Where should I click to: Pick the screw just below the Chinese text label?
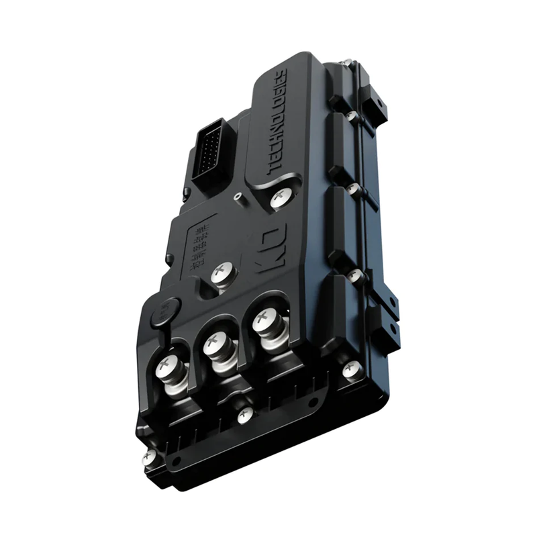coord(221,273)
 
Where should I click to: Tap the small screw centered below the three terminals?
coord(246,415)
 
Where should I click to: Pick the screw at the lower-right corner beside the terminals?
coord(351,369)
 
